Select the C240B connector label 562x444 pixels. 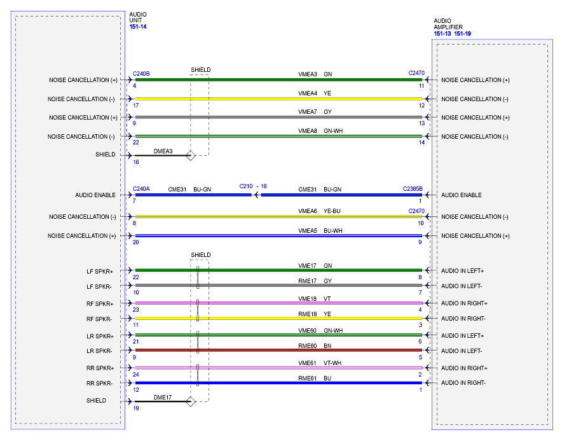click(141, 74)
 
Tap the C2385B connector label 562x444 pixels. click(413, 189)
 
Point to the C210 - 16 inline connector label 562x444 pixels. click(253, 186)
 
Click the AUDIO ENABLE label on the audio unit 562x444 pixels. click(95, 195)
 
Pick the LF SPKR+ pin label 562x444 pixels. click(100, 271)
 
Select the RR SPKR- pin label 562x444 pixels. click(100, 384)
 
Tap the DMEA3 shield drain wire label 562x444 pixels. click(163, 151)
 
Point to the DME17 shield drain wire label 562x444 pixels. click(163, 397)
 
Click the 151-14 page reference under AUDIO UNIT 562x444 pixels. click(137, 27)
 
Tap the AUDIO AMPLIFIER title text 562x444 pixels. click(448, 24)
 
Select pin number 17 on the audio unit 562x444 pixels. click(136, 106)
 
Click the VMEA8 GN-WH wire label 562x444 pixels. click(320, 131)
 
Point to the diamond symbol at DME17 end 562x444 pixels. click(189, 401)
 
